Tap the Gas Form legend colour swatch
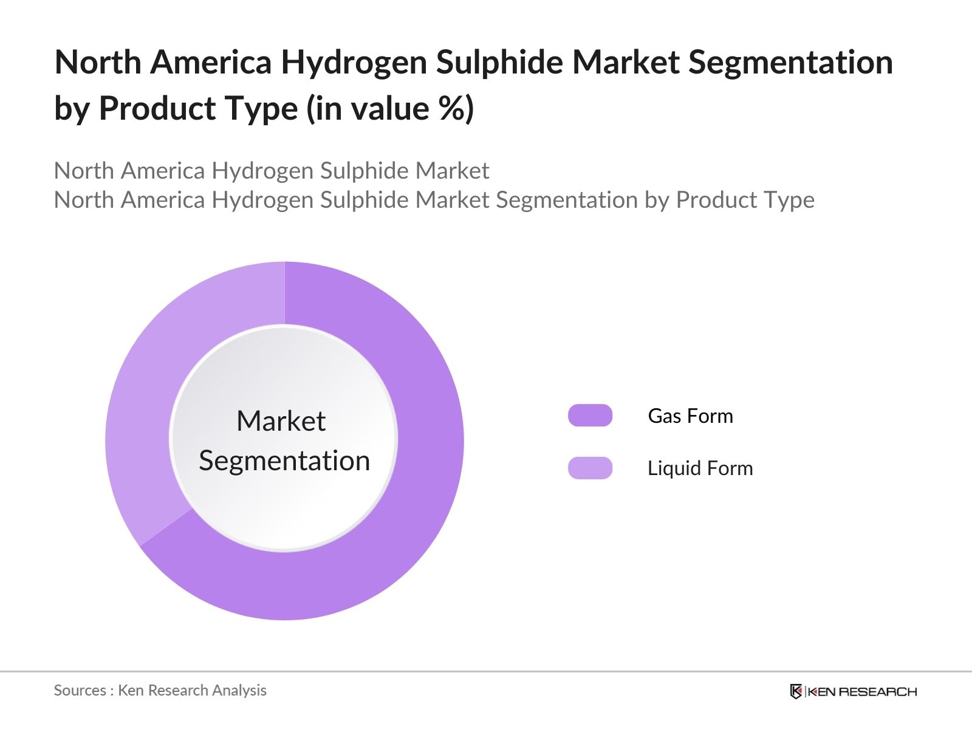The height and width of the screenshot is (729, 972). tap(590, 415)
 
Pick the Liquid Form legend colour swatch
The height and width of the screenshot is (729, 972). tap(590, 468)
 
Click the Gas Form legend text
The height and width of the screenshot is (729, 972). tap(690, 416)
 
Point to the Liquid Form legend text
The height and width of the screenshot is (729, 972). tap(700, 468)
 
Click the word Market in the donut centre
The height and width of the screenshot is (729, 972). tap(281, 420)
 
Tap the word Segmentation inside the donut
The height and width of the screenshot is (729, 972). tap(284, 461)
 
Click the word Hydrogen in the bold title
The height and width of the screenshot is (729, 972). tap(354, 63)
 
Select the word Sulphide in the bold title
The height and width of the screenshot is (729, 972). tap(499, 63)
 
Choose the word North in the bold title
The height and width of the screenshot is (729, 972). tap(98, 63)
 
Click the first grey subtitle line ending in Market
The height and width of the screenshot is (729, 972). tap(272, 171)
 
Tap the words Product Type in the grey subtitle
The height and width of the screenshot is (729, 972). tap(745, 200)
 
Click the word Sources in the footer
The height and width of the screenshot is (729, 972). tap(80, 691)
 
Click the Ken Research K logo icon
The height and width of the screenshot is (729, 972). tap(796, 691)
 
